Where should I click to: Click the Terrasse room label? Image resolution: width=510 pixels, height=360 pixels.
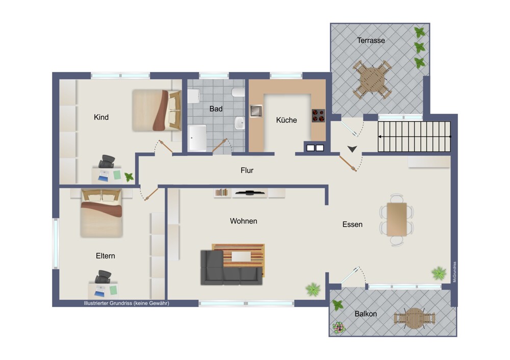[371, 41]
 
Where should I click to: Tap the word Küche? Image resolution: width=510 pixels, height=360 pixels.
[286, 120]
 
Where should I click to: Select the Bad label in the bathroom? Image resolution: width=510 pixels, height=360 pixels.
[216, 109]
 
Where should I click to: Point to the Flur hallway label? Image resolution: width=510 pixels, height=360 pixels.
[247, 170]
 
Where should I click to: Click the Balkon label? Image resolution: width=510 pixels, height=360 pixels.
[366, 314]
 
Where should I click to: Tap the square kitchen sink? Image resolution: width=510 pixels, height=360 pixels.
[256, 111]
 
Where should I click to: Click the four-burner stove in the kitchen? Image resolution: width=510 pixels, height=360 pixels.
[318, 115]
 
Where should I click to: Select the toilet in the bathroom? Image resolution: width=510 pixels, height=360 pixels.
[238, 93]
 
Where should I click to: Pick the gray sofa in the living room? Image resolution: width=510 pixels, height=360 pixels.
[231, 268]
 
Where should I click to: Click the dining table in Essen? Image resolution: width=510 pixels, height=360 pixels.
[397, 219]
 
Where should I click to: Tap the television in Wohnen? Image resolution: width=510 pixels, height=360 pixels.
[249, 193]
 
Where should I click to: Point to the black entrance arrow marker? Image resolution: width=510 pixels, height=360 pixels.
[352, 149]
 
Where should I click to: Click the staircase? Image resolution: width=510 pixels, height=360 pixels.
[414, 137]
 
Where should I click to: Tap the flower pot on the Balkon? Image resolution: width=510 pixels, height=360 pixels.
[339, 328]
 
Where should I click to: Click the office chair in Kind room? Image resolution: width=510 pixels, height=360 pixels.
[107, 162]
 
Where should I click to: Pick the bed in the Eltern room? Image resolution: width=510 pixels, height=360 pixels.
[101, 213]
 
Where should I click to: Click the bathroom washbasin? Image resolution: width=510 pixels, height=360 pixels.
[240, 123]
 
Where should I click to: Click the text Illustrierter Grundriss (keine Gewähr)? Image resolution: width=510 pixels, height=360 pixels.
[126, 303]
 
